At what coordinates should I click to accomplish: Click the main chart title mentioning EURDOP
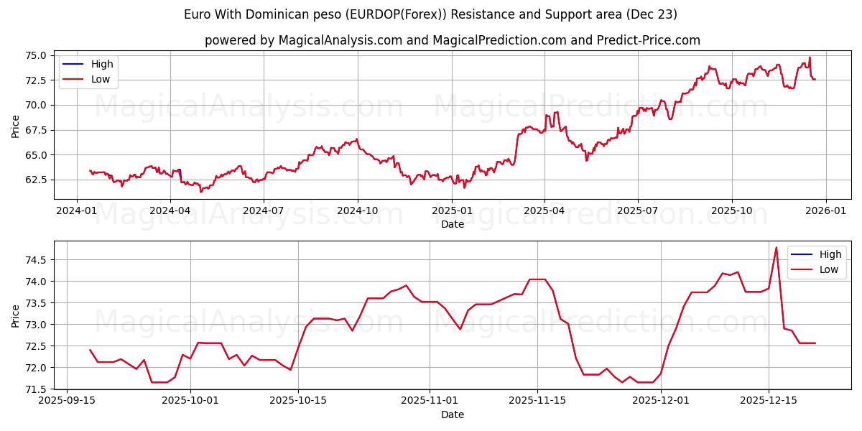point(430,14)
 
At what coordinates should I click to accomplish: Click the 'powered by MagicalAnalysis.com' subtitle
point(452,40)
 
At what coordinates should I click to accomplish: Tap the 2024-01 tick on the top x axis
point(76,210)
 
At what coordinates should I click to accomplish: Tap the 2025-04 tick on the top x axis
point(544,210)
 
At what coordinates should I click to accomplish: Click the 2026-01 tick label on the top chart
point(825,210)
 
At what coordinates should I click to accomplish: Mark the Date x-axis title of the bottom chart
point(453,414)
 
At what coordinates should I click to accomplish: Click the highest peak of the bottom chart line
point(777,248)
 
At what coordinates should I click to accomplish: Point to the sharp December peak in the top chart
point(810,57)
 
